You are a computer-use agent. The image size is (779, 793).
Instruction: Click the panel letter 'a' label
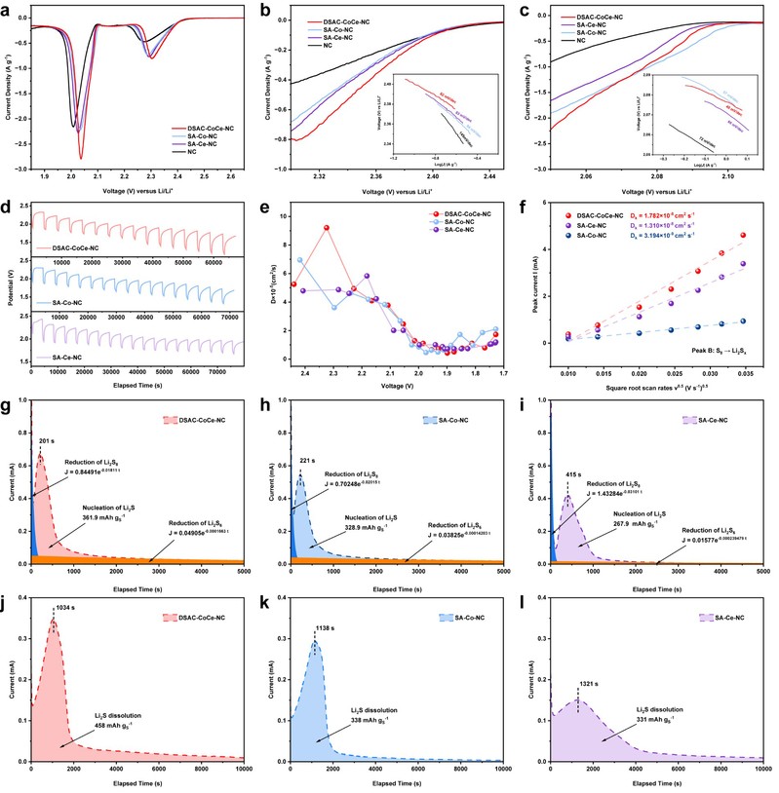tap(7, 9)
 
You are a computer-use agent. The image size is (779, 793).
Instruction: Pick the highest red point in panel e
tap(326, 227)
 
